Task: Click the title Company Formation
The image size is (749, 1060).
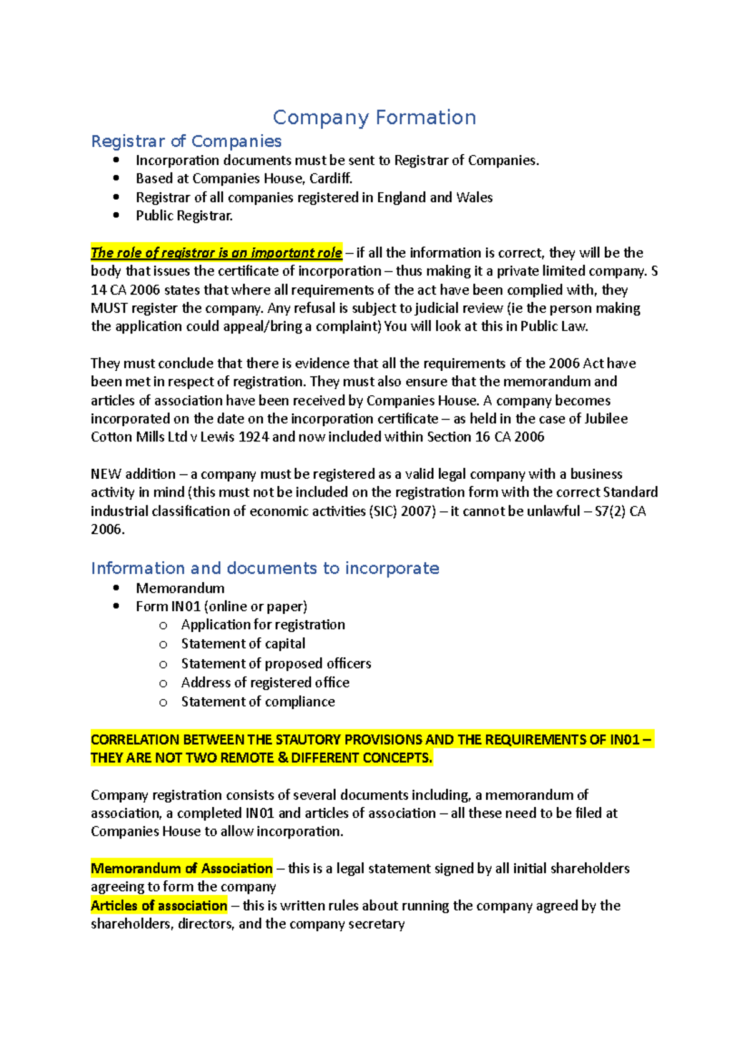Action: (374, 117)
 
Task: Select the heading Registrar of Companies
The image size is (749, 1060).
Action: (186, 141)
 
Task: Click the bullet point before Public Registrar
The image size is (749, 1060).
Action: (116, 215)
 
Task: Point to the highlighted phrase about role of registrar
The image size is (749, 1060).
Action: (216, 253)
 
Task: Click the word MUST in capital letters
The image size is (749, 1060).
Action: (110, 308)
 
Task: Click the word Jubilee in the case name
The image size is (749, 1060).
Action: (606, 419)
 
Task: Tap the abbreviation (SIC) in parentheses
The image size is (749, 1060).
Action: (383, 511)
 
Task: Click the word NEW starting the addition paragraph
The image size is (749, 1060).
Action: (106, 474)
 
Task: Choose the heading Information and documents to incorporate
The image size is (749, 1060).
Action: (265, 568)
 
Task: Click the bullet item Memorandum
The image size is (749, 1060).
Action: (180, 588)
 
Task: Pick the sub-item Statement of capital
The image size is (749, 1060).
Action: (243, 644)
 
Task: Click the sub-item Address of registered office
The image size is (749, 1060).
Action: (265, 682)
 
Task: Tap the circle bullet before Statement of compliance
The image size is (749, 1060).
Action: (164, 702)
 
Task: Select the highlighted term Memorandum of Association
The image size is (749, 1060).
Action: (182, 868)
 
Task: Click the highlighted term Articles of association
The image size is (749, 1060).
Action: (159, 906)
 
